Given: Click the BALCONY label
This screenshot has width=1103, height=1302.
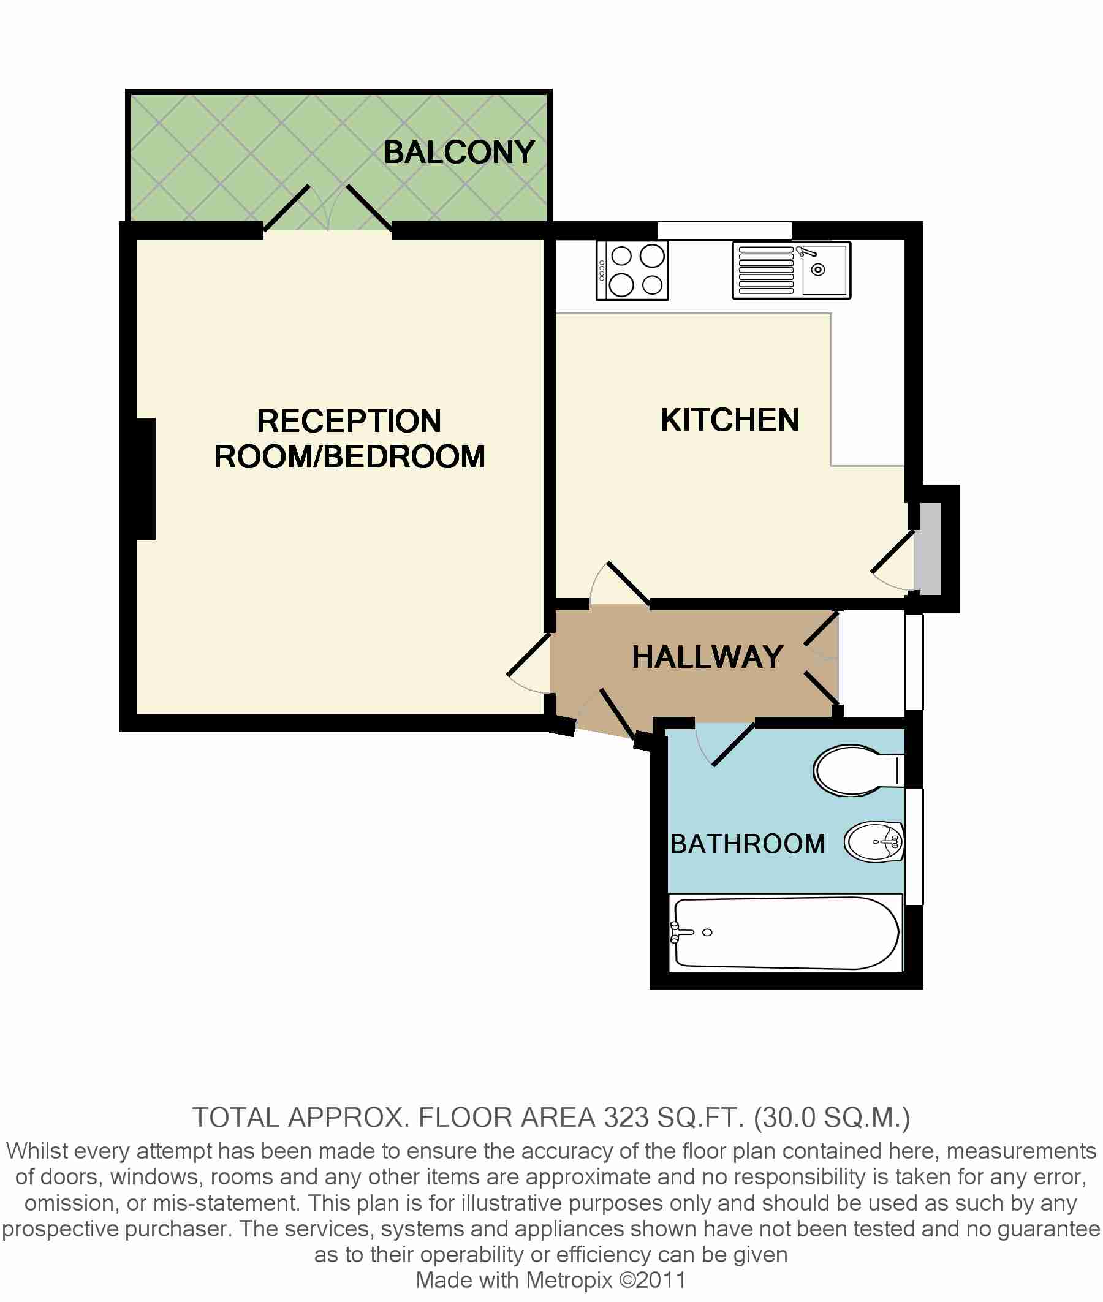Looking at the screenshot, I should point(459,152).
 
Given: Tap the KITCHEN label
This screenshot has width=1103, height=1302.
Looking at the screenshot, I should point(730,420).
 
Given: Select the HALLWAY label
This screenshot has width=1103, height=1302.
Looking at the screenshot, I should point(707,657).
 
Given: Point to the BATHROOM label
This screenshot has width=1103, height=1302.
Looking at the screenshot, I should point(747,844).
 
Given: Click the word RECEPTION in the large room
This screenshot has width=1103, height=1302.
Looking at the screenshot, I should point(349,421).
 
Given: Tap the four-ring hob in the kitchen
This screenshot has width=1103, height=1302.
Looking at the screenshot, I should point(632,271).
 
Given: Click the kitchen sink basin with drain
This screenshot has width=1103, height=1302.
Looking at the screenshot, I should point(824,270).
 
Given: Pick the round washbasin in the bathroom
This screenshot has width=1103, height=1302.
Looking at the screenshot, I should point(874,842).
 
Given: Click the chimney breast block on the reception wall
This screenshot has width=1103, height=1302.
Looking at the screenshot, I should point(146,479).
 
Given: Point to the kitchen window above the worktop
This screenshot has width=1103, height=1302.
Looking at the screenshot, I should point(724,230).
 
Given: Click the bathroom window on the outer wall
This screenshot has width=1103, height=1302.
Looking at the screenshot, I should point(914,847).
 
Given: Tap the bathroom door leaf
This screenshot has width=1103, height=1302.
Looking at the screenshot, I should point(733,744).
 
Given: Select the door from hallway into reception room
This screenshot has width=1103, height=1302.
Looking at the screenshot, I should point(529,655).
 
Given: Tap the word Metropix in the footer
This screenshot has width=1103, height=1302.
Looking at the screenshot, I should point(569,1279).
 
